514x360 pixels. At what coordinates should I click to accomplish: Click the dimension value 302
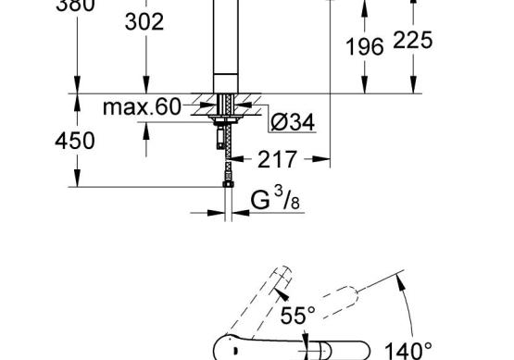pos(144,22)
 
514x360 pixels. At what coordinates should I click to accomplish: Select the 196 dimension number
pos(365,46)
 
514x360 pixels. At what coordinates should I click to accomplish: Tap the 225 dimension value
pos(413,40)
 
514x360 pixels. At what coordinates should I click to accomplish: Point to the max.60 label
pos(142,106)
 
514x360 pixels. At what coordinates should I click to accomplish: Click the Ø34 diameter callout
pos(293,122)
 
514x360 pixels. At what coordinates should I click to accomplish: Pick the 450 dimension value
pos(75,142)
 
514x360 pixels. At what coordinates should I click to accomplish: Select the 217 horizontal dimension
pos(277,159)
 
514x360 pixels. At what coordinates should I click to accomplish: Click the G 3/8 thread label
pos(275,199)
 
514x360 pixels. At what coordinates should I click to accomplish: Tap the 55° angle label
pos(297,316)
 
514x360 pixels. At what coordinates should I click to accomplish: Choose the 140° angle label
pos(407,351)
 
